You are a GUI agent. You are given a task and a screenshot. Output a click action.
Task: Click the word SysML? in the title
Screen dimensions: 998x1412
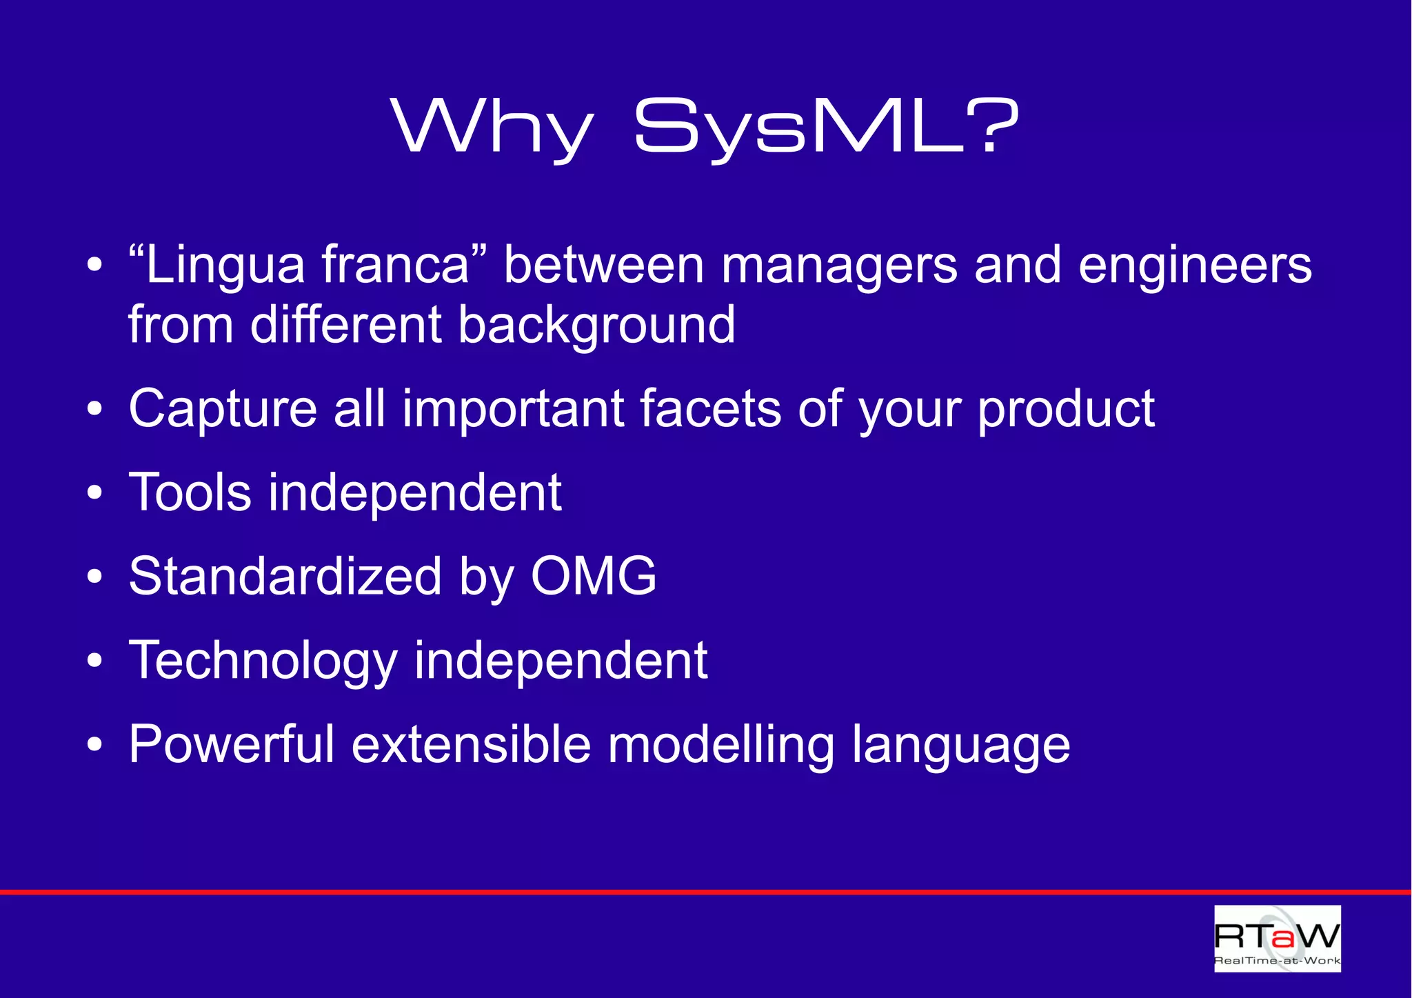click(x=825, y=127)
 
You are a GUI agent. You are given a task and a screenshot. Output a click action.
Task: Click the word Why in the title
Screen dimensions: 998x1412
click(x=492, y=127)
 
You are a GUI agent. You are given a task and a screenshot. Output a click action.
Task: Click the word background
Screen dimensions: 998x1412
click(x=596, y=326)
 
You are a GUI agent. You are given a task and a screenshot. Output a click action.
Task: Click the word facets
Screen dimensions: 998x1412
click(x=710, y=409)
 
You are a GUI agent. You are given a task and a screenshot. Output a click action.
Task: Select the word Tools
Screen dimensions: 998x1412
click(x=190, y=492)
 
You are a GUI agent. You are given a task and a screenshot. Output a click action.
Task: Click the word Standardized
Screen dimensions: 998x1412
click(x=285, y=577)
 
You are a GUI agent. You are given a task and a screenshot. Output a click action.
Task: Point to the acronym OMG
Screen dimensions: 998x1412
click(x=593, y=577)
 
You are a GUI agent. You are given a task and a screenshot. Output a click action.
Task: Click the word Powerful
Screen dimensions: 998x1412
click(x=231, y=744)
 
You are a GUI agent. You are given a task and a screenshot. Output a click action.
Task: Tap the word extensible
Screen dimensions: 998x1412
click(x=471, y=744)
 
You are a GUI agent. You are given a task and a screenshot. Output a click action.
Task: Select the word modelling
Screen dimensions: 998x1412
click(x=720, y=746)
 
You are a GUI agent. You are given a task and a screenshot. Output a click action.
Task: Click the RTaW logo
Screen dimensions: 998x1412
click(x=1277, y=939)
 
